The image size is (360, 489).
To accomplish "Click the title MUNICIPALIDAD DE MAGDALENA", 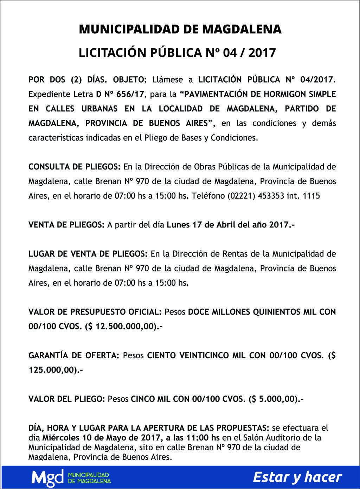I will [180, 29].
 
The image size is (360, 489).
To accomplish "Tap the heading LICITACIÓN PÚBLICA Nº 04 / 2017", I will [177, 53].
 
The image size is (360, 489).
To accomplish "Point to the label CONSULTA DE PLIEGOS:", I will [75, 167].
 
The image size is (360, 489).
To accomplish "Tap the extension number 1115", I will [311, 196].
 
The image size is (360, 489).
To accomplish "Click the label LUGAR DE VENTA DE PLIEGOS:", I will [88, 254].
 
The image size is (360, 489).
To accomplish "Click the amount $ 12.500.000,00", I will [121, 326].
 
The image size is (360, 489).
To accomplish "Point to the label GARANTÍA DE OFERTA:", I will [74, 355].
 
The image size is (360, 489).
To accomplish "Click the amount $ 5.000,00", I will [273, 399].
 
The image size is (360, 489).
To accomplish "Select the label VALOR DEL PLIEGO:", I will [66, 399].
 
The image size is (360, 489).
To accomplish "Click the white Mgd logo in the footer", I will [47, 477].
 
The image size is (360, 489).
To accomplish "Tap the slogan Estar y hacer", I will [297, 477].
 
